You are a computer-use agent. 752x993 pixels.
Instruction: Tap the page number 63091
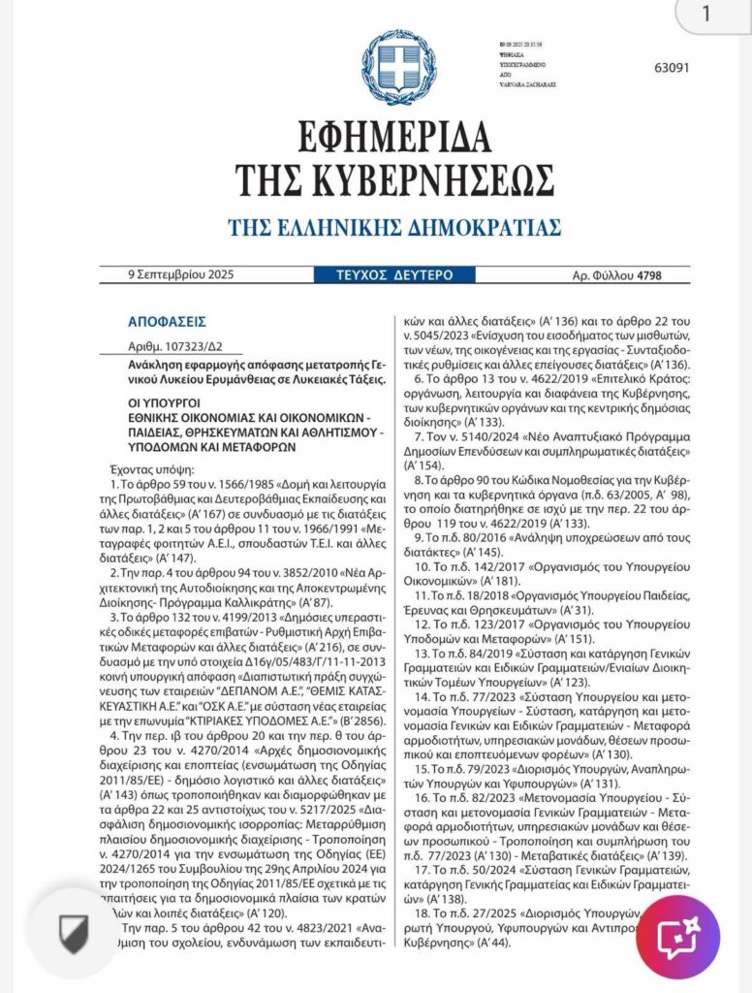672,68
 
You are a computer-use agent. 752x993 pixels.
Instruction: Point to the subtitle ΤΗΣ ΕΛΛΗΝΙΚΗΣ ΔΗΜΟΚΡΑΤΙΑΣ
395,228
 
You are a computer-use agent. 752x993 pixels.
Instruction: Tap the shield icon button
74,933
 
